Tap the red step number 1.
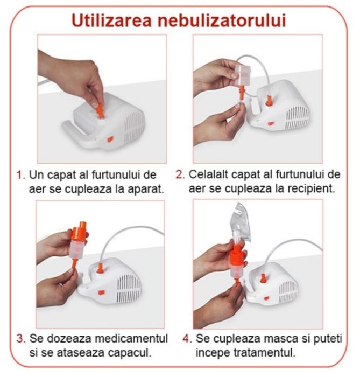click(21, 176)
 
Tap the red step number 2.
click(180, 176)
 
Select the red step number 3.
click(21, 339)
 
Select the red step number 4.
click(187, 339)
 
